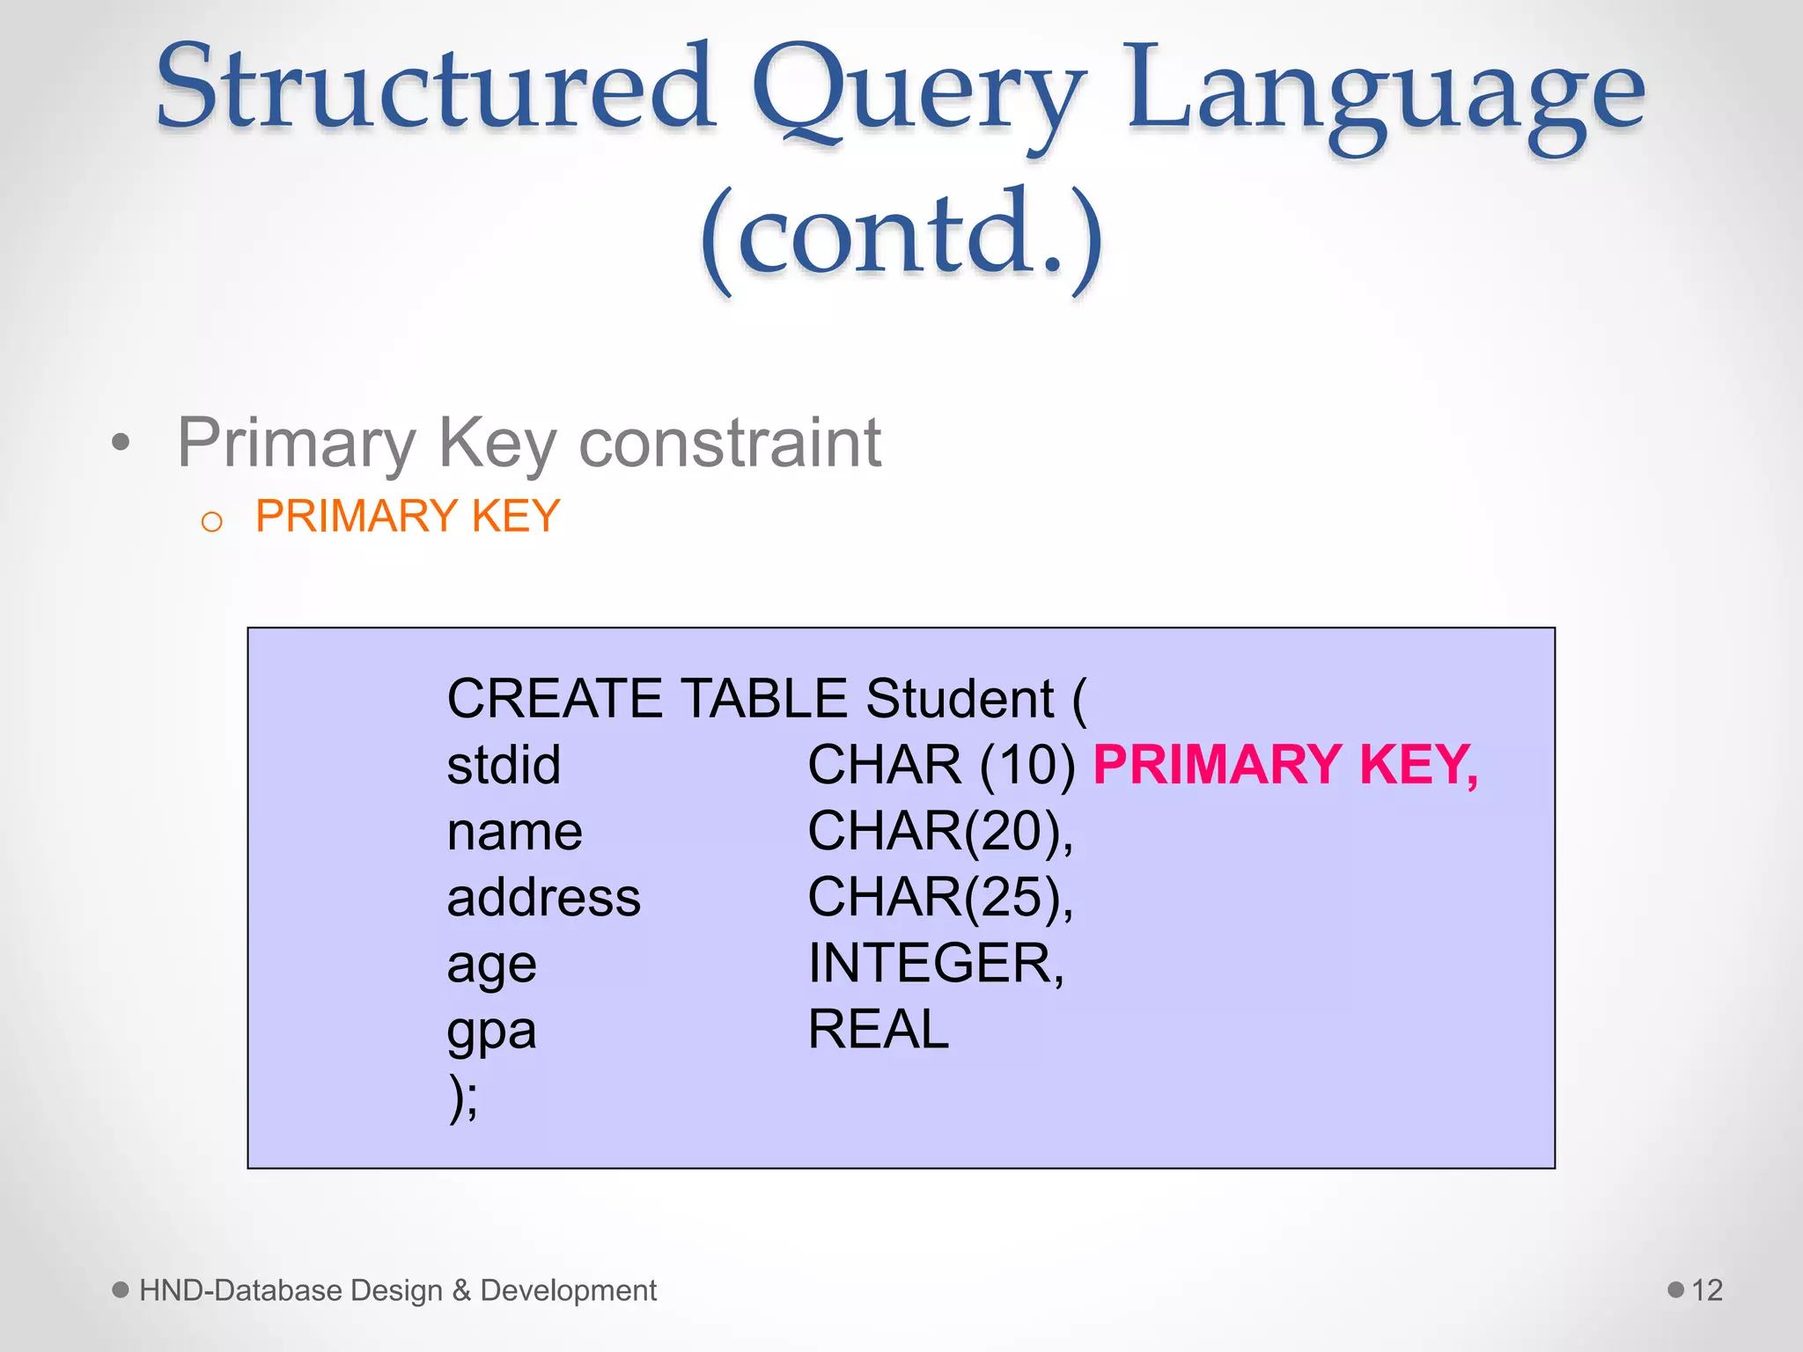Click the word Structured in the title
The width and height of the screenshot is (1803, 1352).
[x=435, y=88]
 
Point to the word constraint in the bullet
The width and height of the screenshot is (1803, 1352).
[x=730, y=442]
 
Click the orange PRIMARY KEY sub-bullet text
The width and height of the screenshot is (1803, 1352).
[x=408, y=516]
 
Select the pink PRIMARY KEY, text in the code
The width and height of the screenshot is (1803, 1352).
[x=1285, y=764]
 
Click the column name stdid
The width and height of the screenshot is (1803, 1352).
[x=504, y=764]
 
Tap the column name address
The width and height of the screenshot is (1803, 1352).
[x=544, y=898]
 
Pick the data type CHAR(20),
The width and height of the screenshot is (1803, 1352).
[x=940, y=831]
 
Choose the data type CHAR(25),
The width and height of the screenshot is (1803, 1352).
[x=940, y=898]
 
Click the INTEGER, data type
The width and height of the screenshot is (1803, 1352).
[x=936, y=963]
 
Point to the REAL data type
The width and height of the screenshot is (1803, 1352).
[x=879, y=1029]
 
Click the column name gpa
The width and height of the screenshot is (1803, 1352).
[x=491, y=1032]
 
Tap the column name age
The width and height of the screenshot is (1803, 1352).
[x=491, y=966]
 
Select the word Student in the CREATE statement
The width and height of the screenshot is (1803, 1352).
[x=960, y=699]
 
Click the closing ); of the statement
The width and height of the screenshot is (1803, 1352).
[x=464, y=1098]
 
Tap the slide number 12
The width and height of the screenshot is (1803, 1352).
[x=1707, y=1290]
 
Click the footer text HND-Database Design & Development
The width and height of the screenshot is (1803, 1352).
[x=398, y=1290]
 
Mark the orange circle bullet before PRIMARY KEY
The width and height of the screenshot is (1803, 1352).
[x=211, y=522]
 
